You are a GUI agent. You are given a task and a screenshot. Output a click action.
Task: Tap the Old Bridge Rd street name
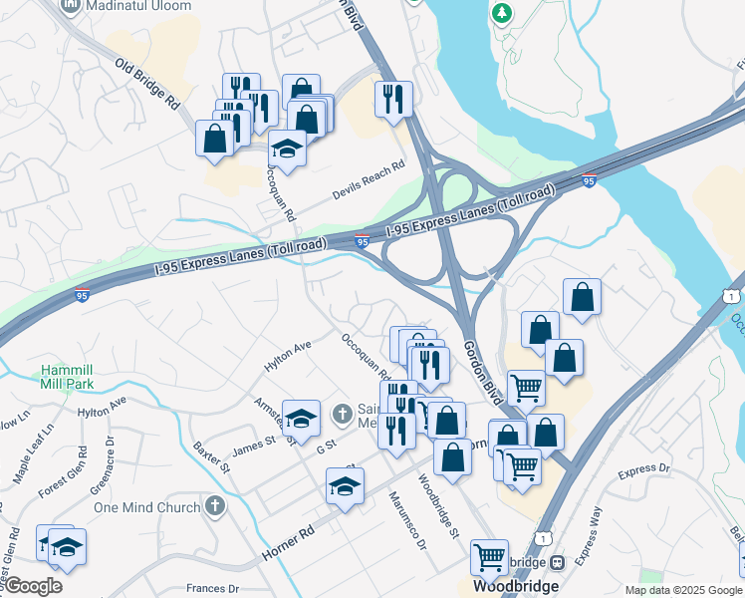pyautogui.click(x=146, y=87)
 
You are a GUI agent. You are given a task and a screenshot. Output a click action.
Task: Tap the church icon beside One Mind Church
pyautogui.click(x=214, y=506)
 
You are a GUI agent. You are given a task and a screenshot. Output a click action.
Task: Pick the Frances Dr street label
pyautogui.click(x=212, y=589)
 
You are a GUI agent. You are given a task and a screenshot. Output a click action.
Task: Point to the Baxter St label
pyautogui.click(x=212, y=456)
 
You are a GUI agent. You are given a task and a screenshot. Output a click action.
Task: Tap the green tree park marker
pyautogui.click(x=501, y=14)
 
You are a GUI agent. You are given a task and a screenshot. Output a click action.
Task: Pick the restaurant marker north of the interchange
pyautogui.click(x=393, y=98)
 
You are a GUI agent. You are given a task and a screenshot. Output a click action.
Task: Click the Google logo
pyautogui.click(x=33, y=586)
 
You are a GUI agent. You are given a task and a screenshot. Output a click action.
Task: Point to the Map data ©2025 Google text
pyautogui.click(x=681, y=590)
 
